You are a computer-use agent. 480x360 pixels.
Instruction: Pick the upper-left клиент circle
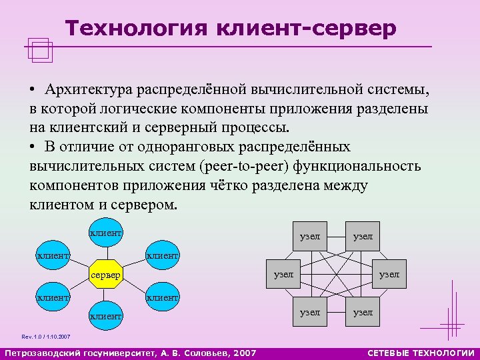point(53,254)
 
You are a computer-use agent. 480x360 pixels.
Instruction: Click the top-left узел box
point(310,237)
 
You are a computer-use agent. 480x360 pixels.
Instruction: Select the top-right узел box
point(363,237)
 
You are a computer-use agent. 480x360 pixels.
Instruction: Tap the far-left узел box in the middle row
point(283,274)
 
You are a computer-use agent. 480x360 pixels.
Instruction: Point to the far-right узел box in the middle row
point(389,274)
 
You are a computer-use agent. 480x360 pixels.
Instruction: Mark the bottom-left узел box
point(310,311)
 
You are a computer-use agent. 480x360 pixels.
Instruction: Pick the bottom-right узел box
point(363,311)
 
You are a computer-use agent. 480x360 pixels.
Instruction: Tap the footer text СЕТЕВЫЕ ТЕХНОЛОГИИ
point(421,353)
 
